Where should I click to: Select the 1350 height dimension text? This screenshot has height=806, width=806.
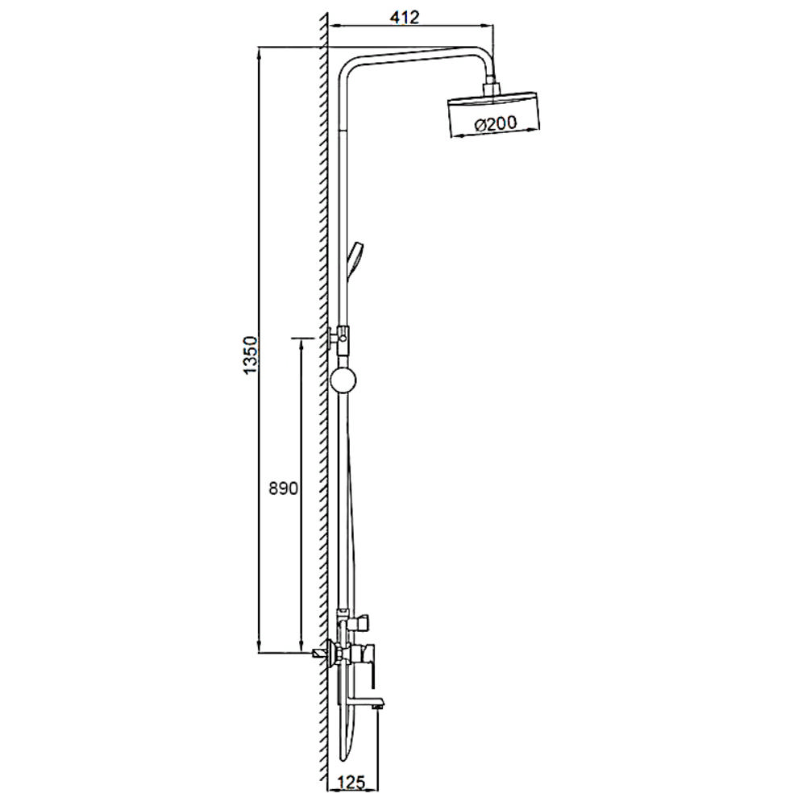(x=251, y=355)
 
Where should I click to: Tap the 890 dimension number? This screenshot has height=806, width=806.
(x=283, y=488)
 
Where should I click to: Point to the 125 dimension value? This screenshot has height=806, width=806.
(x=351, y=783)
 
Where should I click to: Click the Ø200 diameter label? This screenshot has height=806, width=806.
(x=496, y=123)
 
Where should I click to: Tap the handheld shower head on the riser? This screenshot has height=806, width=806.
(x=355, y=260)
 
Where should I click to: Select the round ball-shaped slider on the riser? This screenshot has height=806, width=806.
(x=343, y=380)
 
